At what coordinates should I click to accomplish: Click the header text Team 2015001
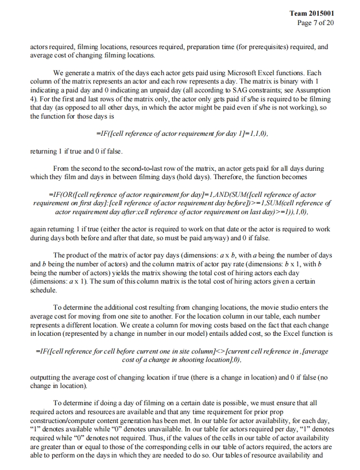pos(312,14)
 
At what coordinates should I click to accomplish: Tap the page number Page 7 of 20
pos(315,22)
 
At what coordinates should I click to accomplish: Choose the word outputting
pos(46,377)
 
